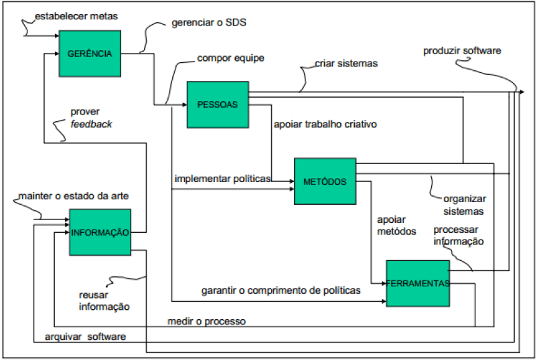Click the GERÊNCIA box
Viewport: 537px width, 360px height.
coord(90,53)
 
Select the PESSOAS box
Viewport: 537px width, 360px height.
coord(218,104)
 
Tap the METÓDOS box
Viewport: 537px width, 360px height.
coord(325,181)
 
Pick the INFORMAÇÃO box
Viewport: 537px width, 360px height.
coord(100,232)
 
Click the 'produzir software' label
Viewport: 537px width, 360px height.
coord(462,51)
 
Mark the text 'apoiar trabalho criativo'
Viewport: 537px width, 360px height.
coord(325,124)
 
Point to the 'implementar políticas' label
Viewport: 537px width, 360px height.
coord(222,179)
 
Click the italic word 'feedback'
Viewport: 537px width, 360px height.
coord(92,124)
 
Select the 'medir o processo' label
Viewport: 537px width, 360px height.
coord(206,321)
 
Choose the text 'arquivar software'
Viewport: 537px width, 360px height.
coord(85,337)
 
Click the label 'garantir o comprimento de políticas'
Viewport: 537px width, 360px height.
coord(281,290)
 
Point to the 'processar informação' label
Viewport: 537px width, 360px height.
coord(459,236)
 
